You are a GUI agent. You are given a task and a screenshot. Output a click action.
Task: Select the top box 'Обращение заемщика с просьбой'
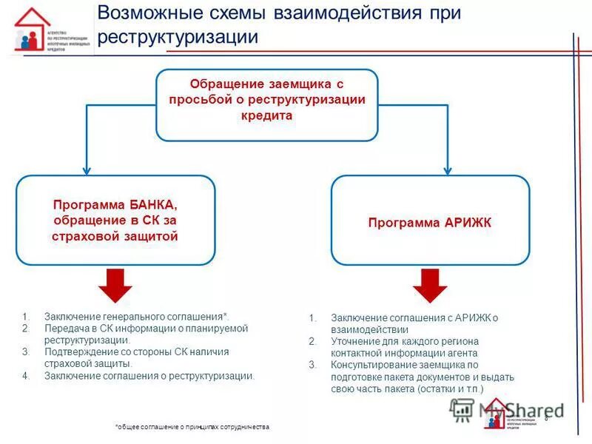(266, 104)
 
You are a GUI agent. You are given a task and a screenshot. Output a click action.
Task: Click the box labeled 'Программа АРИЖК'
(430, 221)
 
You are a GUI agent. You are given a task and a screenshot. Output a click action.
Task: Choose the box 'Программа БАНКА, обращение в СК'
(115, 220)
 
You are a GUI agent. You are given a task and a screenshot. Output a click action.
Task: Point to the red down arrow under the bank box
(115, 285)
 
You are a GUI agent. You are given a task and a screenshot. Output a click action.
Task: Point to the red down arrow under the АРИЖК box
(430, 285)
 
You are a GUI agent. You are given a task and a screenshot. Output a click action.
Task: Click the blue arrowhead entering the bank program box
(87, 170)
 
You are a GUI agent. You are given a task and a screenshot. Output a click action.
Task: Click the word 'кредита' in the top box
(266, 116)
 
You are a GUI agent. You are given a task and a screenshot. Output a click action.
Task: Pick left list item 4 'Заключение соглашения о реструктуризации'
(149, 376)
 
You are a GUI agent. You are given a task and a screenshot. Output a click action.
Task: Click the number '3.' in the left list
(26, 352)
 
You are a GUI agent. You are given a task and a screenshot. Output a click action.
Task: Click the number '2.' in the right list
(313, 341)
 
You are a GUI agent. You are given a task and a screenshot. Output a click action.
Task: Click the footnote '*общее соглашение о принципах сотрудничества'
(192, 428)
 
